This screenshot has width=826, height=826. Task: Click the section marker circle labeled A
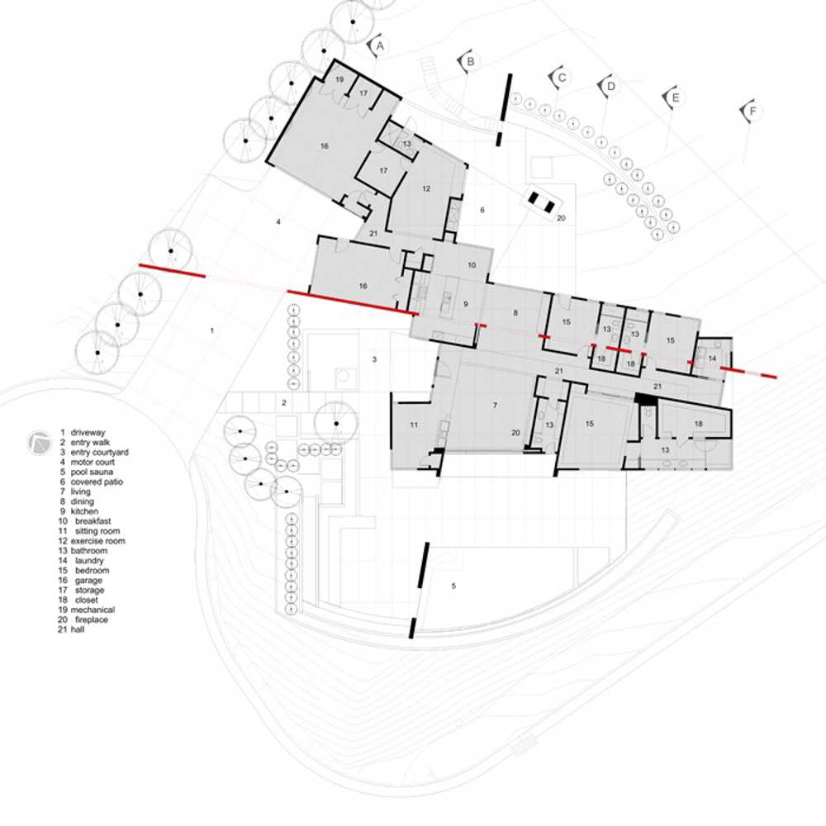click(379, 46)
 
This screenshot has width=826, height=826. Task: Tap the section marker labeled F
click(752, 112)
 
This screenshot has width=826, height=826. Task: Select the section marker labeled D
click(610, 86)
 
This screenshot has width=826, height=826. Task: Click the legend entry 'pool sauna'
click(92, 472)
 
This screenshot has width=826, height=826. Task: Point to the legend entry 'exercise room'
click(98, 541)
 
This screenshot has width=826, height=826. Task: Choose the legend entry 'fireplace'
click(91, 619)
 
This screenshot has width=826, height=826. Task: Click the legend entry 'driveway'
click(88, 433)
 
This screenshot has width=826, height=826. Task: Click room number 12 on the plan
click(426, 188)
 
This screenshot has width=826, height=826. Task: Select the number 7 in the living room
click(495, 405)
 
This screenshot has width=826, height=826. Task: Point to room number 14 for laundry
click(712, 358)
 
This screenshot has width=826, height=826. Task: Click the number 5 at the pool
click(453, 586)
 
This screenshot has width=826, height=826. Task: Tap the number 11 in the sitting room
click(414, 425)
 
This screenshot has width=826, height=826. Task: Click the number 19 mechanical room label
click(339, 79)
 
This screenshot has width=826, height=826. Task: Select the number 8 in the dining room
click(515, 313)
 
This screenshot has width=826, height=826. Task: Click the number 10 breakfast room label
click(472, 265)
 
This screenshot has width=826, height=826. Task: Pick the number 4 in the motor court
click(278, 221)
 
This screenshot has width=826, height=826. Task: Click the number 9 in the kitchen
click(466, 304)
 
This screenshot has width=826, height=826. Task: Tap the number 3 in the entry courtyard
click(374, 360)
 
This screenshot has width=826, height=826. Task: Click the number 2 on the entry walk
click(284, 403)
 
